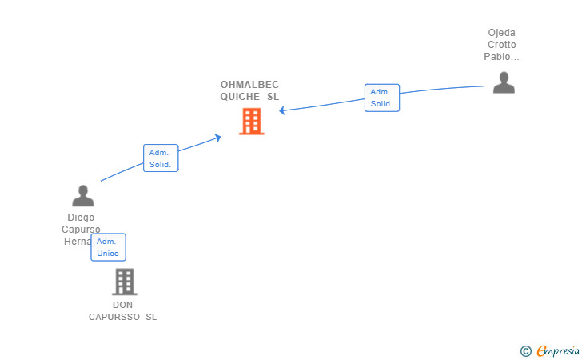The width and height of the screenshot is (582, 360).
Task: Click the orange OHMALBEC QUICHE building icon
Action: click(x=251, y=122)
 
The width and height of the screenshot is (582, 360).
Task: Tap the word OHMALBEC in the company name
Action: click(x=249, y=85)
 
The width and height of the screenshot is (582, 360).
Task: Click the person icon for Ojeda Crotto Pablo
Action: click(x=504, y=82)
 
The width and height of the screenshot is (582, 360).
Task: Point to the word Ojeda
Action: click(x=502, y=33)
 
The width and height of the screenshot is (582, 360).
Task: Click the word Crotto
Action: click(x=502, y=45)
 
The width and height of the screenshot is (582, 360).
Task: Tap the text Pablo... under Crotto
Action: click(x=502, y=57)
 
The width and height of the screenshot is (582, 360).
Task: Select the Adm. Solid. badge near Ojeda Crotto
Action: click(x=381, y=98)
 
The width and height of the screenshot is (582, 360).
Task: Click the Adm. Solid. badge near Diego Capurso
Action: click(x=160, y=158)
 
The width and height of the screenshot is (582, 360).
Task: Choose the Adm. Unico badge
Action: click(x=108, y=247)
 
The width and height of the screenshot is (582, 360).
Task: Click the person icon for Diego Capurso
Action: click(x=82, y=196)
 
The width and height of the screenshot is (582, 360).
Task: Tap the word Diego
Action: click(x=82, y=218)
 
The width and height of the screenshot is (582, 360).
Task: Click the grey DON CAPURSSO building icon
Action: click(x=124, y=282)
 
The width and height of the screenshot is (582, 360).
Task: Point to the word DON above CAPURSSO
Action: click(x=123, y=305)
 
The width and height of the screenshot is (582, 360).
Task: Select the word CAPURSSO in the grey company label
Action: click(x=115, y=317)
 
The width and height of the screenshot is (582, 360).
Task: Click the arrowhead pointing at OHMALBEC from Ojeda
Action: click(x=283, y=110)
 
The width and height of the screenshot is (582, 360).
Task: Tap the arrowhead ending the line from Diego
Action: click(x=217, y=138)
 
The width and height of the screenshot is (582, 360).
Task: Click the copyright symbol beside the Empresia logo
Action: click(x=525, y=350)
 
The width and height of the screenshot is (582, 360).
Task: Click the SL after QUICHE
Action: click(x=273, y=97)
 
